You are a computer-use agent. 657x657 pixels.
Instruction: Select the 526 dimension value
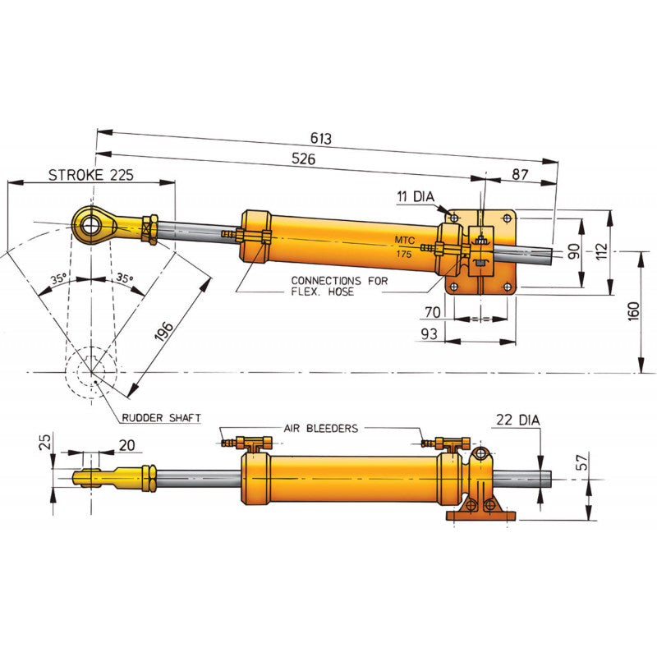coord(304,160)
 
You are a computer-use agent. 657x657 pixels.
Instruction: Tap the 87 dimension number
coord(519,175)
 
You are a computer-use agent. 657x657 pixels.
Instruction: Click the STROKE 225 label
coord(90,175)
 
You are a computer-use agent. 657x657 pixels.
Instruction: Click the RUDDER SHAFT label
coord(161,418)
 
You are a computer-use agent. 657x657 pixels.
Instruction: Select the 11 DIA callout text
coord(416,196)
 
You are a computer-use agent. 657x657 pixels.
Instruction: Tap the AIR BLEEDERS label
coord(320,428)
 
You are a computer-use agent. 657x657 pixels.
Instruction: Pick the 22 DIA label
coord(517,420)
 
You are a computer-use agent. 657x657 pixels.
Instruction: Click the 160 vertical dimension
coord(633,312)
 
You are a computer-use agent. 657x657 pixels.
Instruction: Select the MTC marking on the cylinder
coord(405,240)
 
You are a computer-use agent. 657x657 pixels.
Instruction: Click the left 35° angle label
coord(58,279)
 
